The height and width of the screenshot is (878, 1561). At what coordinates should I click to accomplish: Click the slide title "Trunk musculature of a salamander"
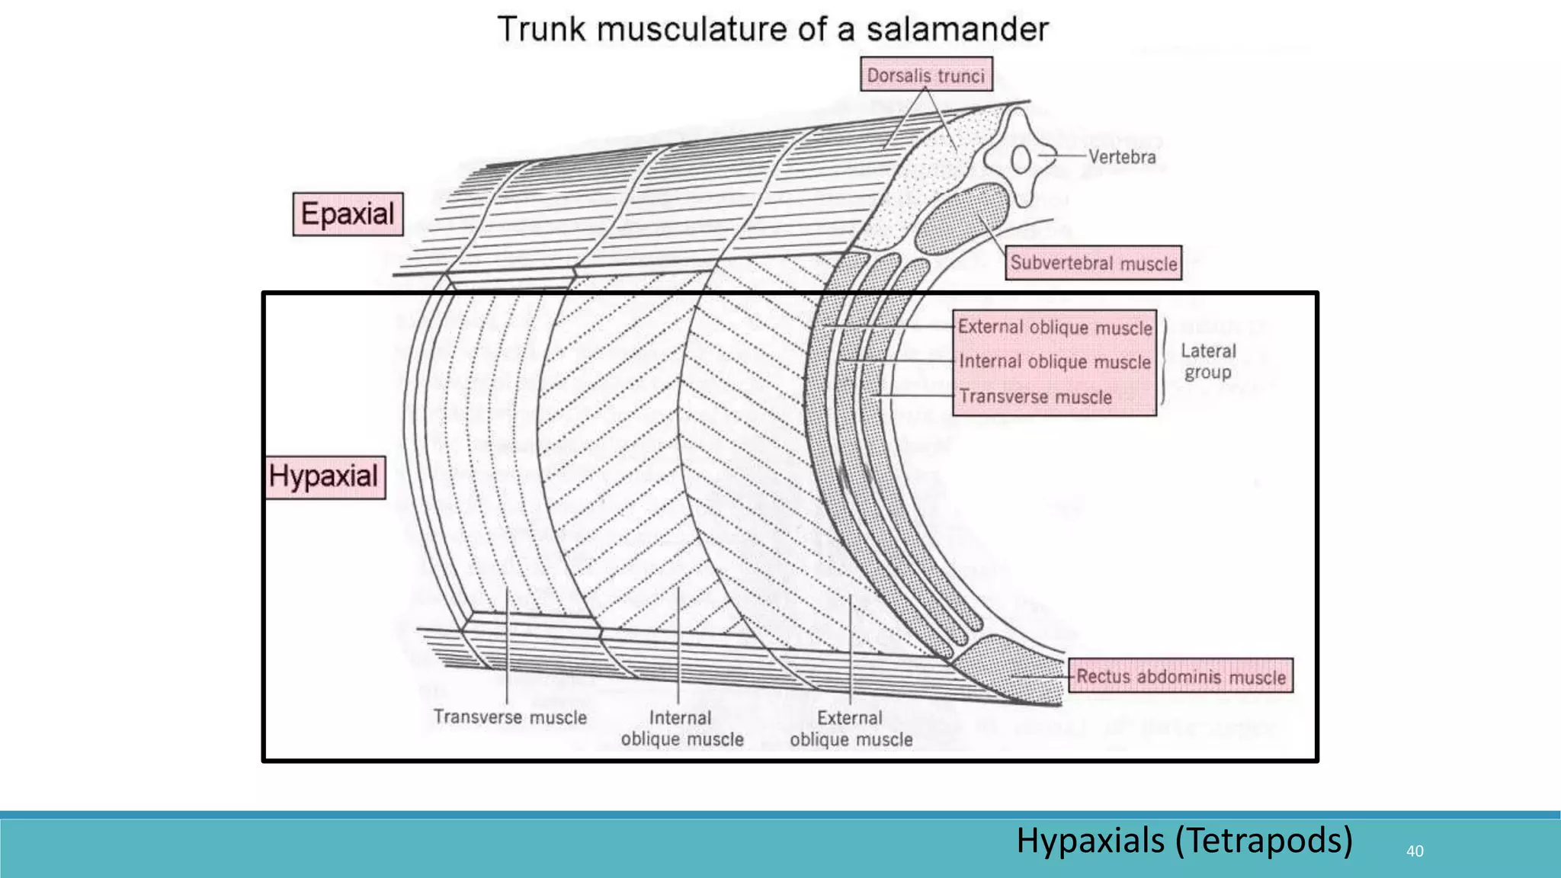pos(773,29)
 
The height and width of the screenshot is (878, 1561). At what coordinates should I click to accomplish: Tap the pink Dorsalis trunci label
pos(926,75)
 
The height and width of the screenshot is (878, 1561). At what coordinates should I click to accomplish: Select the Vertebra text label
pos(1121,157)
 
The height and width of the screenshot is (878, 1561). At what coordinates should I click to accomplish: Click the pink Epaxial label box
pos(348,214)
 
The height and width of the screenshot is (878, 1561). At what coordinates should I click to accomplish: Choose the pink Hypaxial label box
pos(325,477)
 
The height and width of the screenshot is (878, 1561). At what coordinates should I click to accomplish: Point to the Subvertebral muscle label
pos(1093,263)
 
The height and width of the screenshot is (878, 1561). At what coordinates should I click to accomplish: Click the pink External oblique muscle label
pos(1055,327)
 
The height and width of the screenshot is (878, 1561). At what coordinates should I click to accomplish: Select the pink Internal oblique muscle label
pos(1055,361)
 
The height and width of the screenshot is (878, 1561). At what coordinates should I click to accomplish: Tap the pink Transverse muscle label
pos(1035,396)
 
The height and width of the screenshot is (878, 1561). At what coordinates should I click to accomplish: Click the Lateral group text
pos(1208,361)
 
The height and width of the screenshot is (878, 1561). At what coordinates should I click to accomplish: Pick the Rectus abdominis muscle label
pos(1181,676)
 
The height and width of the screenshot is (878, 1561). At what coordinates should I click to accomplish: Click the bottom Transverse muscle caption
pos(510,717)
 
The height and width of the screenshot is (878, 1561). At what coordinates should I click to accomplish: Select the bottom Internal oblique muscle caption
pos(681,729)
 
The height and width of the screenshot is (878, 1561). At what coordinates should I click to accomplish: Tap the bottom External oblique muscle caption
pos(851,729)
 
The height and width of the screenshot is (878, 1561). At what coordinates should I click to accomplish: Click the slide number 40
pos(1415,851)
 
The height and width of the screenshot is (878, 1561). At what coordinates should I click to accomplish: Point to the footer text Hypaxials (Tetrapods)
pos(1184,840)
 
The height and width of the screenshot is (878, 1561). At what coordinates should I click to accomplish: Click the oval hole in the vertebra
pos(1021,160)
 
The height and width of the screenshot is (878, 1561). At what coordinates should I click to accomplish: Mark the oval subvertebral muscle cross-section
pos(962,218)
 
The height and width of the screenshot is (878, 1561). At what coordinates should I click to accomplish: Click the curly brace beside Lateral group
pos(1164,361)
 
